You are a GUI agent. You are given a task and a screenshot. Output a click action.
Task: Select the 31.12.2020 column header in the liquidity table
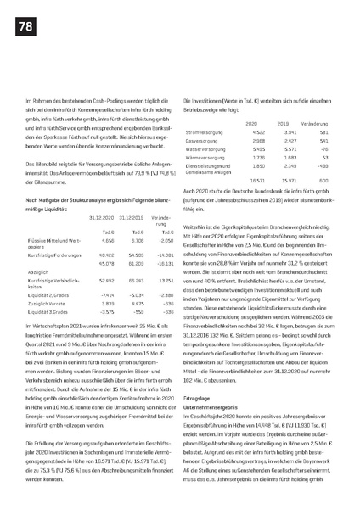tap(100, 218)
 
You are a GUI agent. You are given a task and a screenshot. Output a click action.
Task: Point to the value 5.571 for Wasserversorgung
tap(293, 148)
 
